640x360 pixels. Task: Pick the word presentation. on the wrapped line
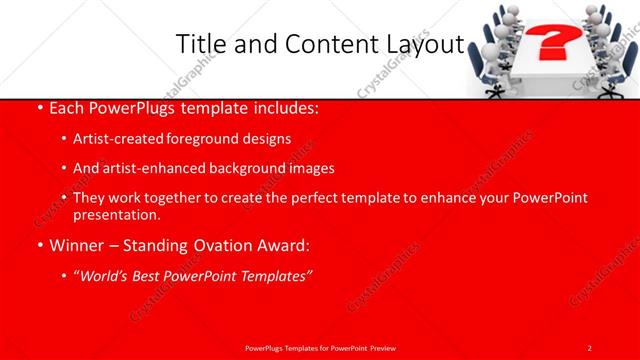tap(116, 215)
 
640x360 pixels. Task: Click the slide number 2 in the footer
tap(590, 347)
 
